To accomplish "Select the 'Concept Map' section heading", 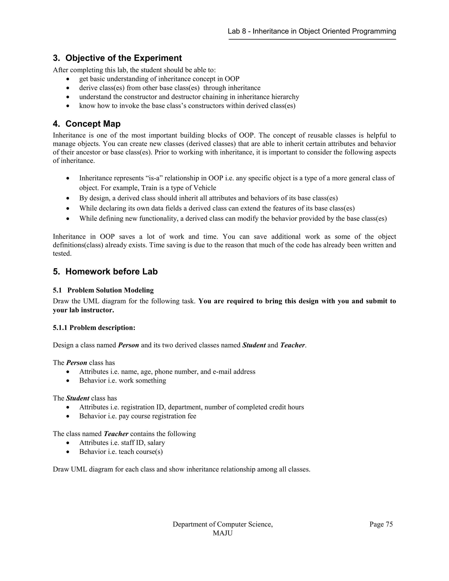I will coord(93,124).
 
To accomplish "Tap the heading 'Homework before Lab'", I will coord(111,272).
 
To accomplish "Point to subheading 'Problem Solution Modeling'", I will coord(110,290).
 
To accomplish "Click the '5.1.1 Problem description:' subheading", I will coord(94,328).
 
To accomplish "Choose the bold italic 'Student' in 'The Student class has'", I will coord(77,398).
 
